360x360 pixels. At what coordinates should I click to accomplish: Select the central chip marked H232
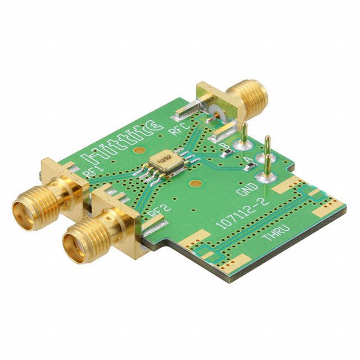(x=164, y=161)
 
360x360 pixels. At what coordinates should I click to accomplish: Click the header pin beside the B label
(x=246, y=135)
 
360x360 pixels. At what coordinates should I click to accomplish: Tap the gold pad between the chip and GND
(x=194, y=183)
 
